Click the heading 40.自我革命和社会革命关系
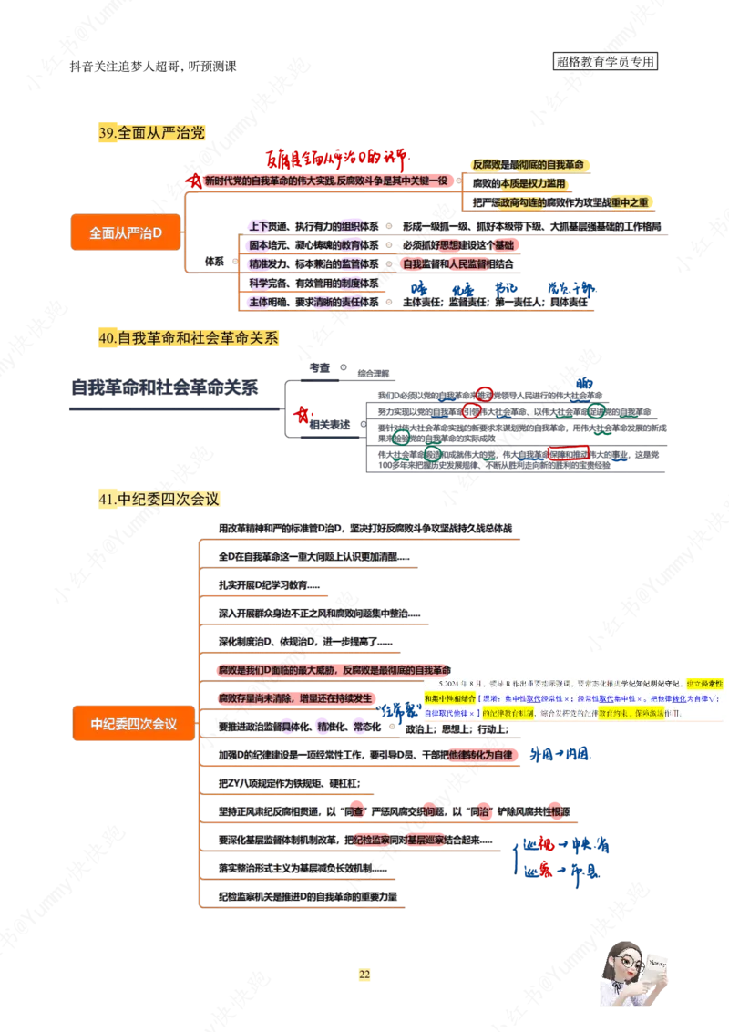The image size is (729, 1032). coord(189,338)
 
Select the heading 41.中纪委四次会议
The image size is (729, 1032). coord(160,500)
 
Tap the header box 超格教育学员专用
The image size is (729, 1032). coord(605,63)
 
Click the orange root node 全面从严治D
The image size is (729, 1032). coord(126,233)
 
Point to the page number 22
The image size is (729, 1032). coord(364,975)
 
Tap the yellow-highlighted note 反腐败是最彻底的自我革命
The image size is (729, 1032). coord(529,164)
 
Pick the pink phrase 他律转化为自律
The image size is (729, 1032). coord(483,756)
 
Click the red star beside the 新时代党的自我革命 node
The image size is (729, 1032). coord(191,181)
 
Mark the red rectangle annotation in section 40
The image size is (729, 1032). coord(569,452)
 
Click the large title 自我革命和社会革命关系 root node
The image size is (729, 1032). coord(164,387)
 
